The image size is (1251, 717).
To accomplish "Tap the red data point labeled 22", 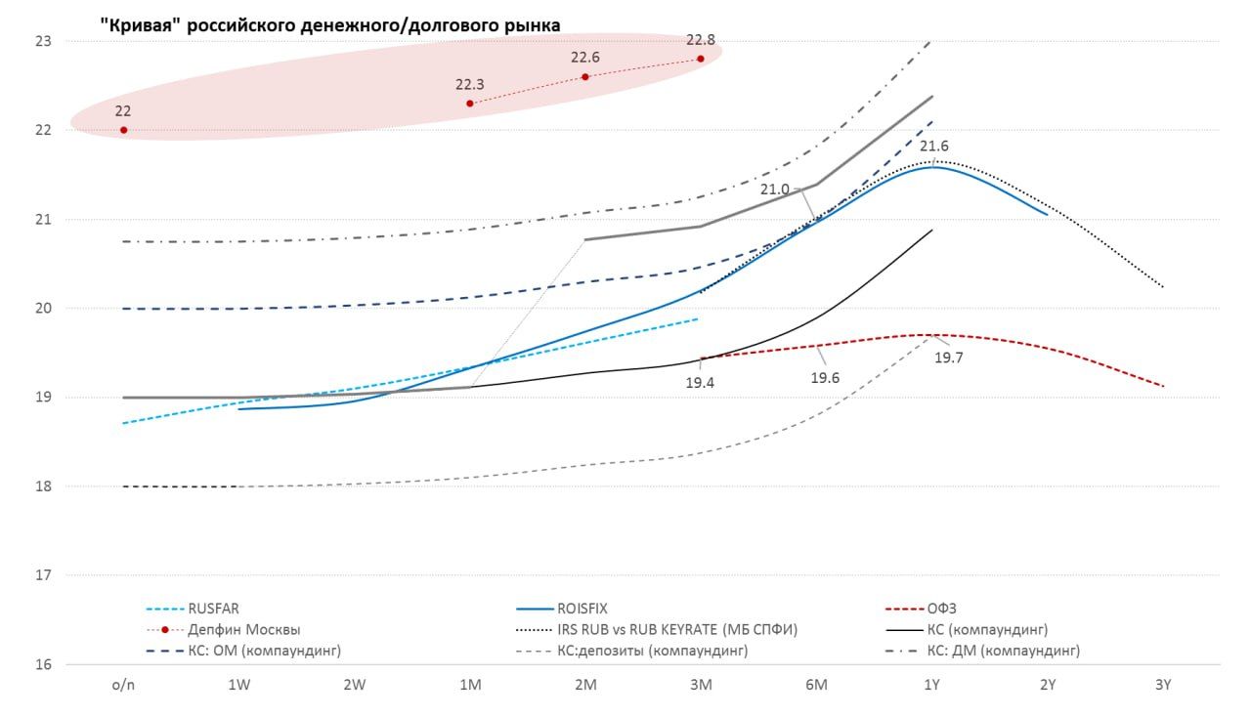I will [123, 130].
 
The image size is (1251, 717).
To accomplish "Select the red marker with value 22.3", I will [470, 103].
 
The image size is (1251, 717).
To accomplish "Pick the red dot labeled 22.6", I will [585, 76].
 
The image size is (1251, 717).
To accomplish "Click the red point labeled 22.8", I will [701, 59].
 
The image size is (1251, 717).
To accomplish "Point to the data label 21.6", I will [934, 147].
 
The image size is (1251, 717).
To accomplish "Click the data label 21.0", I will [775, 189].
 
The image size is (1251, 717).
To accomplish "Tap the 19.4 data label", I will [699, 383].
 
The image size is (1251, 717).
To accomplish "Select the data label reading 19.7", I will [948, 358].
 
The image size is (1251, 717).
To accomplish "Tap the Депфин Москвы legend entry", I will [244, 629].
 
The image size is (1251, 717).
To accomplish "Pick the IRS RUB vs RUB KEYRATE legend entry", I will [677, 629].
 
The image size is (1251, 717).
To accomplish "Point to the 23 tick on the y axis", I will [42, 42].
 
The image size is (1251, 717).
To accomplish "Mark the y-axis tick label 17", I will [42, 575].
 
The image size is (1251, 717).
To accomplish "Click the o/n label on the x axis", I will [123, 686].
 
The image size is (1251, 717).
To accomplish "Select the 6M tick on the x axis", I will [816, 686].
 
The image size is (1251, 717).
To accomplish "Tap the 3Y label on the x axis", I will [1162, 686].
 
